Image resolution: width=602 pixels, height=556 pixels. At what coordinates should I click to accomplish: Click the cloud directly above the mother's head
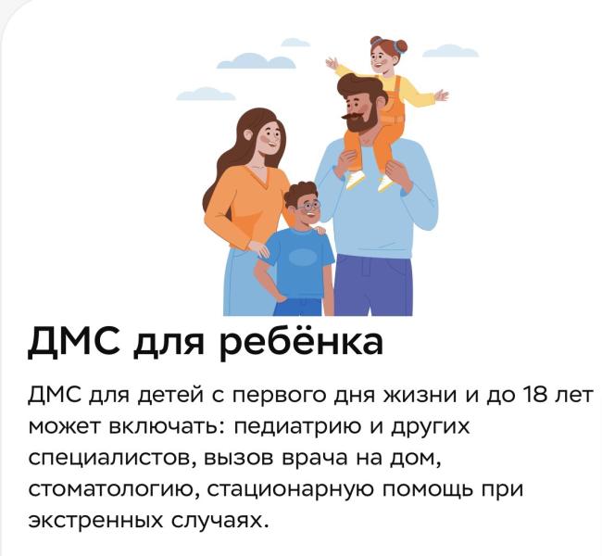tap(243, 61)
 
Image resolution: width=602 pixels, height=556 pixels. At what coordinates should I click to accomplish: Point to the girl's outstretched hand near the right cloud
tap(441, 95)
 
